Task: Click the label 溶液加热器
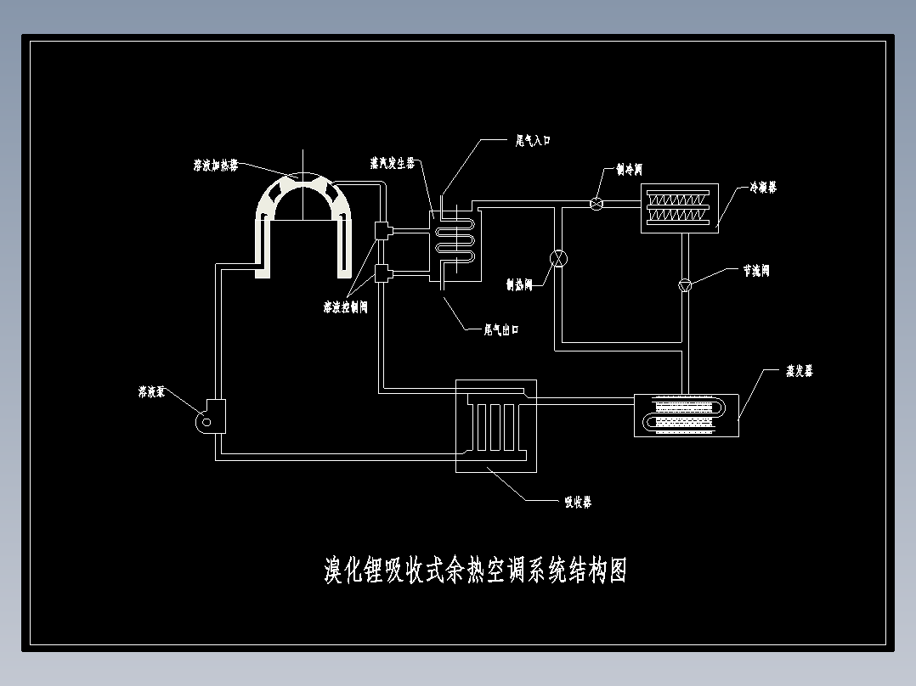tap(216, 165)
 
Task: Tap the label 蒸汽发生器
tap(392, 162)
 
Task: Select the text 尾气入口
tap(534, 140)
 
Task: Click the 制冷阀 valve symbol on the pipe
tap(597, 203)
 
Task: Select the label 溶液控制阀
tap(345, 307)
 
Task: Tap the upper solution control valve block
tap(381, 229)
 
